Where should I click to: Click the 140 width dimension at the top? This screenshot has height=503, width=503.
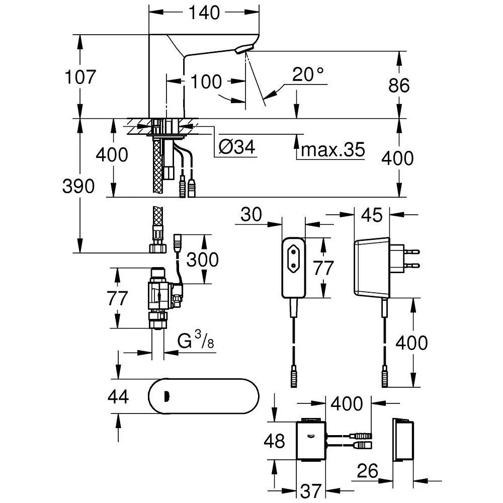tap(204, 13)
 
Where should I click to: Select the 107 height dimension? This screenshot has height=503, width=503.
tap(80, 77)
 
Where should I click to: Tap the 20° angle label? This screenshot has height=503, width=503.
tap(308, 74)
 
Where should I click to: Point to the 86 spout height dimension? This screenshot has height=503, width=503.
tap(399, 86)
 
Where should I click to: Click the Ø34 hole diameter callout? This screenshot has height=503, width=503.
tap(237, 147)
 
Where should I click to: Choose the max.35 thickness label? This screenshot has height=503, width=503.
tap(333, 150)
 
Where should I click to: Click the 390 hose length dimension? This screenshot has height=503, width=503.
tap(78, 187)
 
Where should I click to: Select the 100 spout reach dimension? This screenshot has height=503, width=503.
tap(206, 82)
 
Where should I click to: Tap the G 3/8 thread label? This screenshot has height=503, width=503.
tap(196, 340)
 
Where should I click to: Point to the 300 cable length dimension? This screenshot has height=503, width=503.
tap(202, 260)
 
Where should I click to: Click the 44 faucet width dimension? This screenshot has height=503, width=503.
tap(118, 396)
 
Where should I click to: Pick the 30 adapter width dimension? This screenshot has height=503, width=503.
tap(251, 214)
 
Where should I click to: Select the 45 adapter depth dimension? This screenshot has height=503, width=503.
tap(372, 215)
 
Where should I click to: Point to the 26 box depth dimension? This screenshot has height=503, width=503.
tap(368, 471)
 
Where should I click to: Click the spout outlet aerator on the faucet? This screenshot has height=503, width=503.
tap(244, 49)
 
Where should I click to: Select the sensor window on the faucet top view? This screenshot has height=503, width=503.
tap(166, 396)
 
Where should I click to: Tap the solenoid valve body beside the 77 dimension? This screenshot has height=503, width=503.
tap(159, 295)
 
